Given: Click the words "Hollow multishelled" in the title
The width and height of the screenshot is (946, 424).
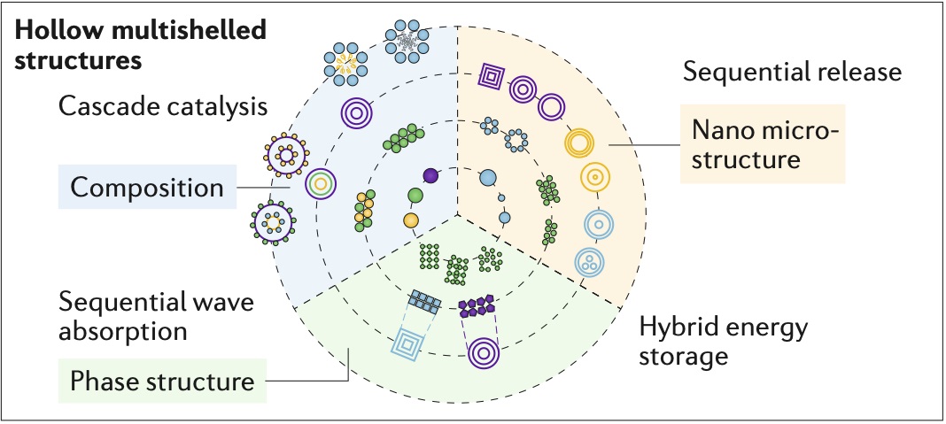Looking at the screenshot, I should point(141,31).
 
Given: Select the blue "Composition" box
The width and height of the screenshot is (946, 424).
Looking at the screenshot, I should point(146,188).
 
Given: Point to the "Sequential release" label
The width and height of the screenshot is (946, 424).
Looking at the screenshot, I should point(792,73).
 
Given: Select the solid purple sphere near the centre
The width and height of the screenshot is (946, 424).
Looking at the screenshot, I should point(431,175).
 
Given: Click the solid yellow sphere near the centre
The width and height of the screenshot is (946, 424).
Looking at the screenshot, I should point(410,219).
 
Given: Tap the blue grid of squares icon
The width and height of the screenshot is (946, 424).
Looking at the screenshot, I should point(425,302).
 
